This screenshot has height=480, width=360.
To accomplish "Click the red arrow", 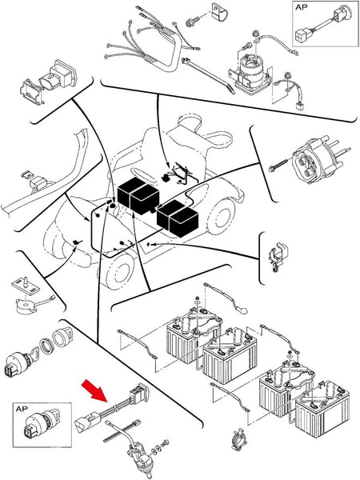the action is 94,390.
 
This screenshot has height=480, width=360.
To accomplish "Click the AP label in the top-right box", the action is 302,7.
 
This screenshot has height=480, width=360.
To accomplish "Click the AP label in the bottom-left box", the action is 22,409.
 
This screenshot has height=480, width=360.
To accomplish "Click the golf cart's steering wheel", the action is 144,174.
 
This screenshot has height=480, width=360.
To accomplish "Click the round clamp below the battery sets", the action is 238,440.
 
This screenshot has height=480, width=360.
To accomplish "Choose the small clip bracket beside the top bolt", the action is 218,13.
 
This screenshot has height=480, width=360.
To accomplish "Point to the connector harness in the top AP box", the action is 321,24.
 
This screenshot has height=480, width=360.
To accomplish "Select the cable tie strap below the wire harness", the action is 208,75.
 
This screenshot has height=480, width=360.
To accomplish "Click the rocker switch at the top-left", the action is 48,80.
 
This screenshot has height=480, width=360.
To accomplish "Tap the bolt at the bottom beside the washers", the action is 166,442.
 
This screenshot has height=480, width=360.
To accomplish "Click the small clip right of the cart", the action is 278,256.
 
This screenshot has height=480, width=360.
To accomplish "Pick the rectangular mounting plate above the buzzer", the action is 26,286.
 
